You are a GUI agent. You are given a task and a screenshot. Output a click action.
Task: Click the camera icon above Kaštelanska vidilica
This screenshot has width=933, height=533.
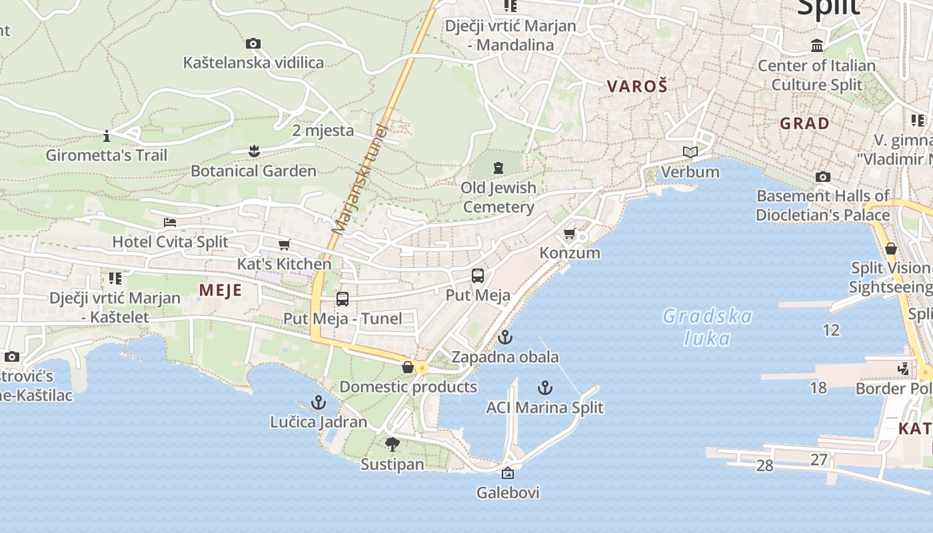253,44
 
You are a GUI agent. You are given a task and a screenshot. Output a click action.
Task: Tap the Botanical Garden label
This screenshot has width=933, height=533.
253,171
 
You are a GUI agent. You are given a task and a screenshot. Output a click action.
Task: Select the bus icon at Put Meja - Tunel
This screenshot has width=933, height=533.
343,299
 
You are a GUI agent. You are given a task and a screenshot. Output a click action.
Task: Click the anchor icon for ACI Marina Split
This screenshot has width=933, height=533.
545,388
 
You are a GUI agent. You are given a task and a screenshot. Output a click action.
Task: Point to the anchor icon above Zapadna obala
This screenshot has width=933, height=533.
505,337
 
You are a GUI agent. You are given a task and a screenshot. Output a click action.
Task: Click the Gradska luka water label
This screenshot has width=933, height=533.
708,326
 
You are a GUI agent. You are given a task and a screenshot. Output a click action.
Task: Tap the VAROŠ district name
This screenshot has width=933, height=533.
636,86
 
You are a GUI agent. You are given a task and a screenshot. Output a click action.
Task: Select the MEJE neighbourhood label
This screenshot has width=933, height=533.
221,290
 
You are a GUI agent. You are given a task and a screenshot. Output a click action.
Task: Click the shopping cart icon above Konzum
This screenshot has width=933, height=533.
569,234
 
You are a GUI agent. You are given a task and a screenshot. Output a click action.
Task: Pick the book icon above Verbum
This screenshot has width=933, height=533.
690,153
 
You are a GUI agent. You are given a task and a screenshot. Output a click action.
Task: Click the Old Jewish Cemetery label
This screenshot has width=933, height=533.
498,197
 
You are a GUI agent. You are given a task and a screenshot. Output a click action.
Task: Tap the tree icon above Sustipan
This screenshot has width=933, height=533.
392,444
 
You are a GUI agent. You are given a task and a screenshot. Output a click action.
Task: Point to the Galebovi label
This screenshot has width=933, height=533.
508,492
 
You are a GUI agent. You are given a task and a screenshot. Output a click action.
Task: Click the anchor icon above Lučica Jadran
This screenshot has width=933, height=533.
319,402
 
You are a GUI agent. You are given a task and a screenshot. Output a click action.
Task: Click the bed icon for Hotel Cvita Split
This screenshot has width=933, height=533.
170,222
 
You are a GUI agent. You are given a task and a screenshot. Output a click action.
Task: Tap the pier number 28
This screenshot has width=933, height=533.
764,466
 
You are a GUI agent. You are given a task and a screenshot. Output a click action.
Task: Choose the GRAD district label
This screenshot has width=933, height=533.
804,123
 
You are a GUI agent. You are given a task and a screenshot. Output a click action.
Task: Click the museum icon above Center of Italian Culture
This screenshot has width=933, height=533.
817,46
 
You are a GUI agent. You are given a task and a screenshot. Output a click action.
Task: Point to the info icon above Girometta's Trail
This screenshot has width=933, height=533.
107,137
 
